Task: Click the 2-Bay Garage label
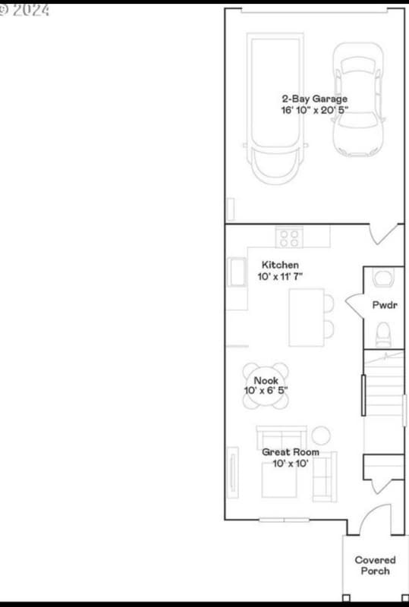click(314, 99)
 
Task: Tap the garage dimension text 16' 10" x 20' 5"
click(314, 110)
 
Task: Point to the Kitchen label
click(280, 265)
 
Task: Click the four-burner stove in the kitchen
click(288, 237)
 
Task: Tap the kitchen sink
click(234, 272)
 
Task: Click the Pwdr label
click(385, 306)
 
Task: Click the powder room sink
click(384, 278)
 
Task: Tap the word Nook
click(266, 380)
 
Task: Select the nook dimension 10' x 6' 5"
click(266, 391)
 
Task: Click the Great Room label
click(291, 452)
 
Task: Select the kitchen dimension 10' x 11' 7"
click(280, 276)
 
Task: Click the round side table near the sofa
click(322, 436)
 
